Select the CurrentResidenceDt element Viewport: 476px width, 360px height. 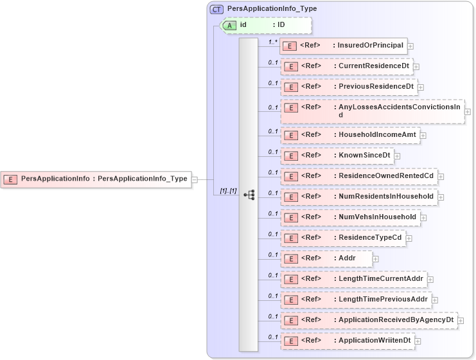(346, 66)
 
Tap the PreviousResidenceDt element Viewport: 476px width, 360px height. (348, 87)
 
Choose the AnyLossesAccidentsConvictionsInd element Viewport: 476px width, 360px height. (371, 111)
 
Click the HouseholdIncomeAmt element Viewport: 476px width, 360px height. (349, 135)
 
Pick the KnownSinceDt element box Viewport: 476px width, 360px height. (337, 156)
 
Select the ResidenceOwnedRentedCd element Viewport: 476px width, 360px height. (358, 176)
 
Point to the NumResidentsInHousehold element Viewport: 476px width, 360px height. (358, 197)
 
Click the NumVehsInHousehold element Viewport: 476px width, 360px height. (349, 217)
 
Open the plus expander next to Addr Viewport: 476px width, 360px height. (376, 259)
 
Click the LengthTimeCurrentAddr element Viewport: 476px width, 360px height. (353, 279)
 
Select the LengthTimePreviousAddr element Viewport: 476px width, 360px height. (355, 300)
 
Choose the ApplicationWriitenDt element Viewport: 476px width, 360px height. (347, 341)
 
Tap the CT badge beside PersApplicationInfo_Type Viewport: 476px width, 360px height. (217, 10)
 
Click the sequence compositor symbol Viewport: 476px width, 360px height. (249, 194)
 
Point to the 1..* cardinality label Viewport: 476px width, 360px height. (272, 41)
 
